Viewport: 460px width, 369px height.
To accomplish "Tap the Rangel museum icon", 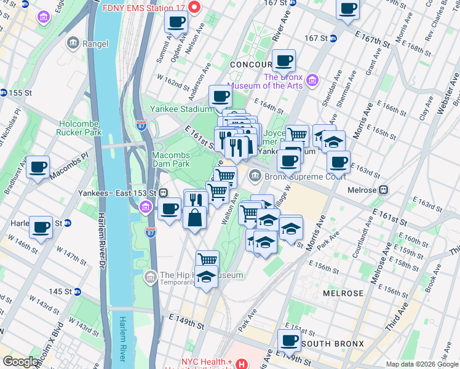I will [73, 43].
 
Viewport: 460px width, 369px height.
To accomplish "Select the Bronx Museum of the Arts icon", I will [312, 81].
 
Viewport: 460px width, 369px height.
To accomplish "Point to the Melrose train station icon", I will [384, 190].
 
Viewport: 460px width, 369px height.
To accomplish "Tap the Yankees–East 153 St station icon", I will [164, 192].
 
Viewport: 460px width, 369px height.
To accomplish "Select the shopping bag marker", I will [194, 218].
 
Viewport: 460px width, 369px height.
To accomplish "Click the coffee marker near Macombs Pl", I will [38, 166].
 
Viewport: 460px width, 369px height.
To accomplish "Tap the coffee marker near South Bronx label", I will [288, 339].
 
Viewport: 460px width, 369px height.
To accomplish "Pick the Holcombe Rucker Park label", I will [78, 127].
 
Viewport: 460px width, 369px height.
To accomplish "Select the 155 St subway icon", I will [4, 92].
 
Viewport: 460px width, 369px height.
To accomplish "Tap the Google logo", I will [20, 362].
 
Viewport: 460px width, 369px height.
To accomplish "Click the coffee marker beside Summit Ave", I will [176, 23].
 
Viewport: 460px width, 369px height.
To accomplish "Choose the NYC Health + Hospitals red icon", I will [241, 365].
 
